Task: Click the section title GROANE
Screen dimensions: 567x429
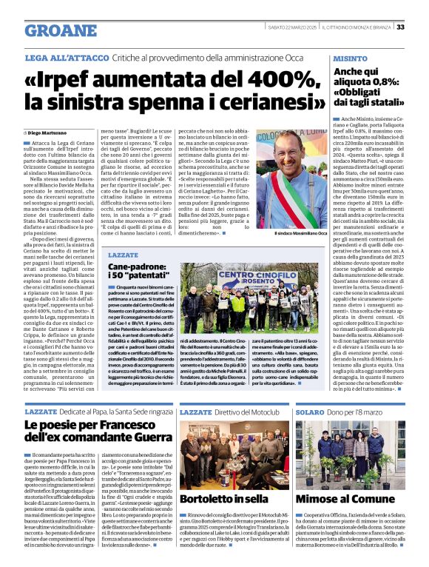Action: [x=60, y=30]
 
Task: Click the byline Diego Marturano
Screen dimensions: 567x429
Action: [x=55, y=132]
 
